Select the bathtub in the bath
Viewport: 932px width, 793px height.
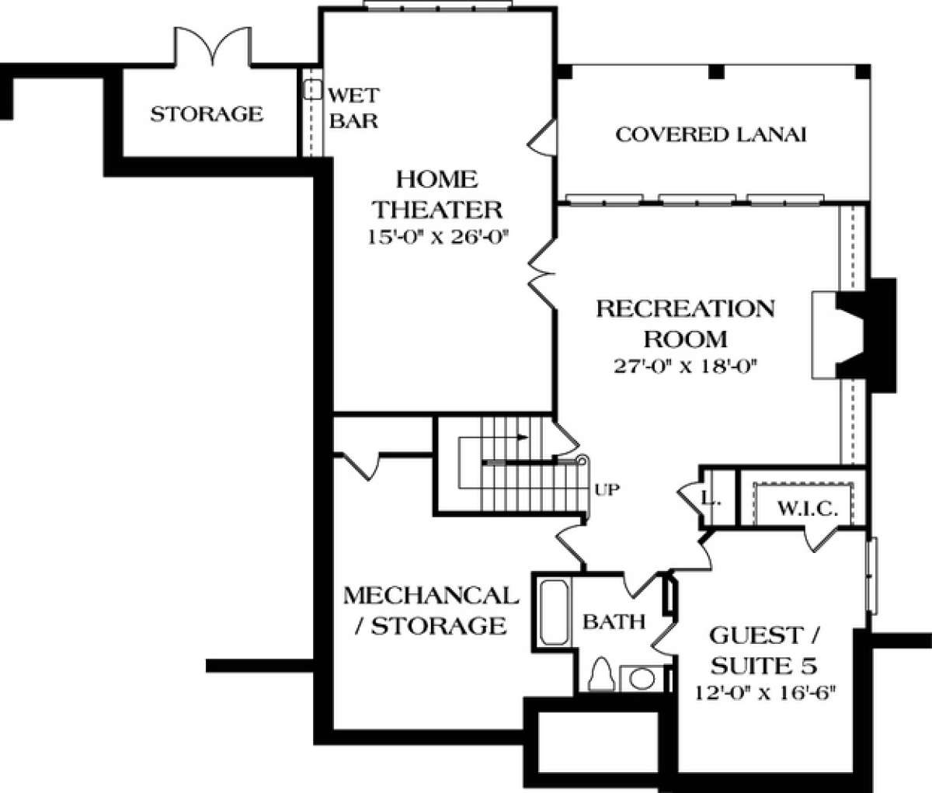(x=554, y=613)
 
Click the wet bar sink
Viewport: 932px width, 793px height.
(x=312, y=90)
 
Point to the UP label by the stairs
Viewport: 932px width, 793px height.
(x=607, y=489)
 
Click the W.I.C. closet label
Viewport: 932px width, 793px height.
(x=807, y=510)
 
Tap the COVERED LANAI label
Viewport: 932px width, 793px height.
(x=711, y=135)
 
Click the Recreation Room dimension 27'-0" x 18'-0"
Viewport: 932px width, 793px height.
(x=684, y=366)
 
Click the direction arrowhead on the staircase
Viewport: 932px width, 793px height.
(x=523, y=436)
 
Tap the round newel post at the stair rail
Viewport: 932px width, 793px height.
(x=582, y=461)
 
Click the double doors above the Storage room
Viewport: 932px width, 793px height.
(x=213, y=47)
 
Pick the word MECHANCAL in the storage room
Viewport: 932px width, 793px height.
(x=431, y=596)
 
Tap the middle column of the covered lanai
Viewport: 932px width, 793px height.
(x=716, y=72)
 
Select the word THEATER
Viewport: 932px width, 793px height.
(x=438, y=210)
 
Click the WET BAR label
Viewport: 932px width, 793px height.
(x=353, y=108)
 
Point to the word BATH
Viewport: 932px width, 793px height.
(x=614, y=622)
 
